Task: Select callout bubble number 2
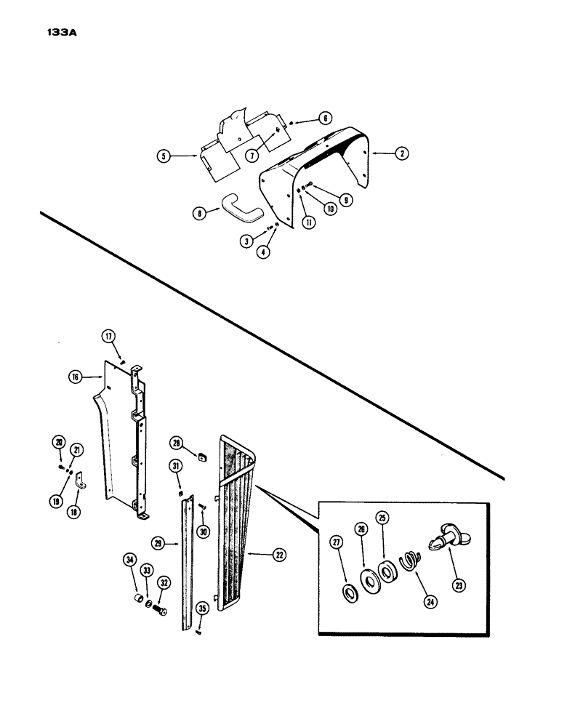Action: coord(401,153)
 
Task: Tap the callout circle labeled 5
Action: coord(164,155)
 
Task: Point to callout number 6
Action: coord(325,119)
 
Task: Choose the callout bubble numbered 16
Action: coord(75,377)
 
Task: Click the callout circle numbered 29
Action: coord(156,542)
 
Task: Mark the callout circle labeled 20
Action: coord(58,442)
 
